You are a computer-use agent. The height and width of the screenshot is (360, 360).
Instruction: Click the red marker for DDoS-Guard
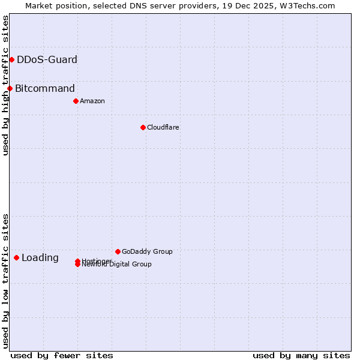(11, 59)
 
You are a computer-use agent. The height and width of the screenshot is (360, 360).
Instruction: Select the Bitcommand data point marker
(10, 89)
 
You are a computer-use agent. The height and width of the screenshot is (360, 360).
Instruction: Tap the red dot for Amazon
(76, 101)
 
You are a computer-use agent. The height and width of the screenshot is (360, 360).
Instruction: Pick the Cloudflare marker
(143, 127)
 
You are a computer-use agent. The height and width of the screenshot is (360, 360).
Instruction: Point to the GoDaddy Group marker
(118, 251)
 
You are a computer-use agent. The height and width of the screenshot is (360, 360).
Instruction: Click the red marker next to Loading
(16, 258)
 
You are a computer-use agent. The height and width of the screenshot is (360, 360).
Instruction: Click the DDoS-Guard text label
(47, 59)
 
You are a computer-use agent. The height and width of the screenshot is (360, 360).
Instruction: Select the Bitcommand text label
(45, 89)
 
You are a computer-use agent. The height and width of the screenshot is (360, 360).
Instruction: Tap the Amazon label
(92, 101)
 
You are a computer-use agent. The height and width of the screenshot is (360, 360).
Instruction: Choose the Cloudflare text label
(163, 127)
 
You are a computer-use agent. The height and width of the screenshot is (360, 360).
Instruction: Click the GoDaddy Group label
(147, 251)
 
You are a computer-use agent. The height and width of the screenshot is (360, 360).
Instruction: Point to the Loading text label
(40, 258)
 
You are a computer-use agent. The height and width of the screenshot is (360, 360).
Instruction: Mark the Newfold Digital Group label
(117, 265)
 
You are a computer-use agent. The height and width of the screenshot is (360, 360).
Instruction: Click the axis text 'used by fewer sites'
(62, 355)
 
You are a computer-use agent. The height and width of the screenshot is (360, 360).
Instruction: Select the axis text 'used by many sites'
(301, 355)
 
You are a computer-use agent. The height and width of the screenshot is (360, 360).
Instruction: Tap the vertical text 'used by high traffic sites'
(5, 85)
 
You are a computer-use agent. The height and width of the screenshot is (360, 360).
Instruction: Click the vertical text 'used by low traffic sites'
(5, 281)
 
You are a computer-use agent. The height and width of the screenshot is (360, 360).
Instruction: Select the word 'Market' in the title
(38, 5)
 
